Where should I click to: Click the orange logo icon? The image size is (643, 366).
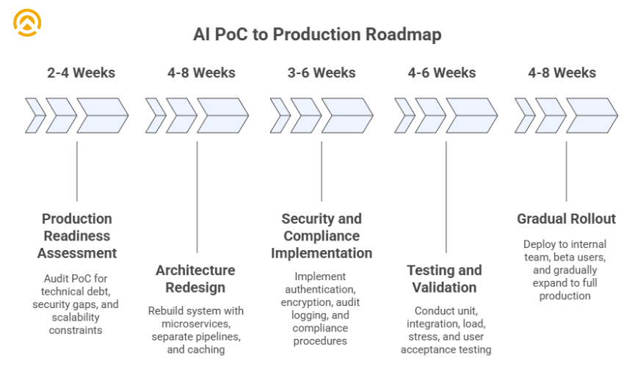27,23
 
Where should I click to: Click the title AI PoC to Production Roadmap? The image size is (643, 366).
317,34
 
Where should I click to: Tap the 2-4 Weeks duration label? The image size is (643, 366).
81,73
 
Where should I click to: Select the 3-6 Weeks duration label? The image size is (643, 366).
321,73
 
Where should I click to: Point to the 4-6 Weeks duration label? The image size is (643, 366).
442,73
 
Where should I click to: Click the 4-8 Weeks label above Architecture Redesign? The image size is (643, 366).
201,73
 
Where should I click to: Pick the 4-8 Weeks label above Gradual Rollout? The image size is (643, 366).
562,73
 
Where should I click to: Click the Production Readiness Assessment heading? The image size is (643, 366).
77,236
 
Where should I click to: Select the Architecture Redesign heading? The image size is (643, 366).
195,279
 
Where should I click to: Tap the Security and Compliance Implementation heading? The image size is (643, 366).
321,236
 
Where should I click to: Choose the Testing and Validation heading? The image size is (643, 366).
445,279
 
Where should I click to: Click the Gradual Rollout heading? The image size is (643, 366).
566,219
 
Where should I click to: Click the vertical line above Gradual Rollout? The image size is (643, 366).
566,171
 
